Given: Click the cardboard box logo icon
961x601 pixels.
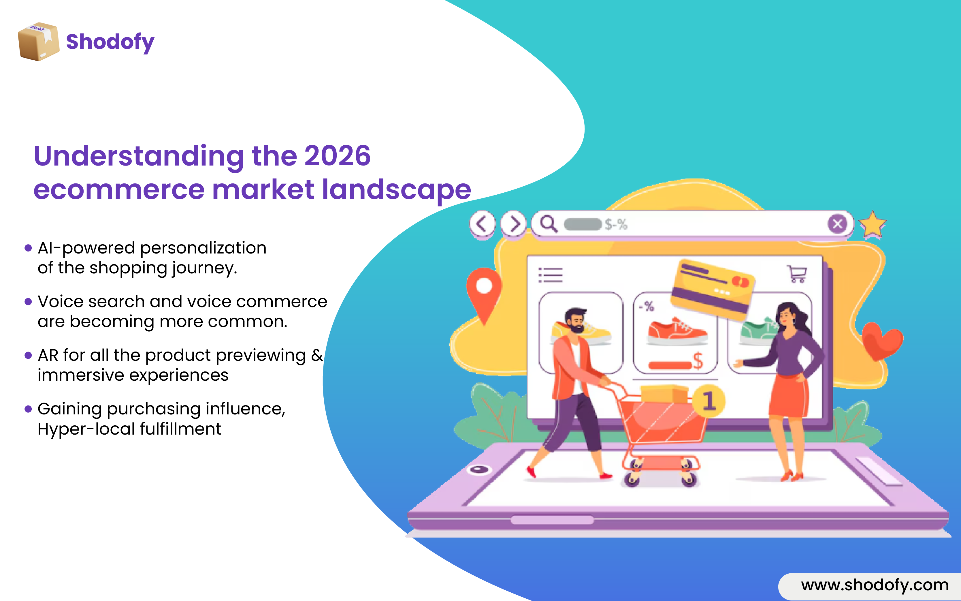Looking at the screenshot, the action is pos(39,41).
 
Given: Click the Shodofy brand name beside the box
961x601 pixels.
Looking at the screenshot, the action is pos(110,42).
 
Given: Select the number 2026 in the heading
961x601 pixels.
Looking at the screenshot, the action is pos(337,155).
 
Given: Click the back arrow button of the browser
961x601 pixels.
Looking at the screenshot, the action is pos(482,224).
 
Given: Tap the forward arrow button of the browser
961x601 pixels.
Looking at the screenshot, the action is pos(513,224).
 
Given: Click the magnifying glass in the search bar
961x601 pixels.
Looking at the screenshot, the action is pos(549,224).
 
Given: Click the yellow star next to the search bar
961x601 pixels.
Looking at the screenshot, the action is pos(873,225).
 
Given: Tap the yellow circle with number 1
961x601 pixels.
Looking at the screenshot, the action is pos(709,401).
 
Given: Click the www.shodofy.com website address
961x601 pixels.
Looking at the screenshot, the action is pos(875,585).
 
